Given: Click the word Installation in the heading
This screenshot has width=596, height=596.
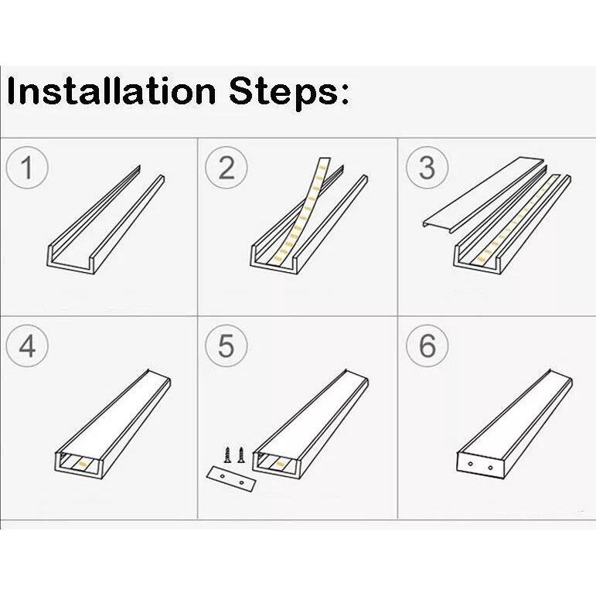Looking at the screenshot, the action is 111,91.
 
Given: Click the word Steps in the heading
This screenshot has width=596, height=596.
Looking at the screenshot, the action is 284,92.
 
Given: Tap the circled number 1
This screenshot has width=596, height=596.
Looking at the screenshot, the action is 27,167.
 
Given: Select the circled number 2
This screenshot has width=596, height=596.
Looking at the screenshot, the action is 226,167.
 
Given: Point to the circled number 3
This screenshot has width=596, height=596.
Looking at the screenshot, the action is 427,167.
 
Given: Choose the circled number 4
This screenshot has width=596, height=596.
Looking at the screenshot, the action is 27,346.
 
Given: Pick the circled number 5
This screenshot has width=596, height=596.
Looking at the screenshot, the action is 226,346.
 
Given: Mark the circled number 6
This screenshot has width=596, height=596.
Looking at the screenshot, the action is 427,346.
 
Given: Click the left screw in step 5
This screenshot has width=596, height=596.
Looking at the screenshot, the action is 227,455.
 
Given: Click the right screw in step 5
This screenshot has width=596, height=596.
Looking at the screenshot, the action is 240,455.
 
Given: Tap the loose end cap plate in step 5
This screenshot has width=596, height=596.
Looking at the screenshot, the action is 231,479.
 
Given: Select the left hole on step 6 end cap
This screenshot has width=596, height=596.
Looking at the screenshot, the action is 470,464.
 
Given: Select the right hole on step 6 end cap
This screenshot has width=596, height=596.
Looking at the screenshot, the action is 490,468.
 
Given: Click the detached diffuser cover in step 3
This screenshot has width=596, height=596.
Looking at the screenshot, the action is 485,194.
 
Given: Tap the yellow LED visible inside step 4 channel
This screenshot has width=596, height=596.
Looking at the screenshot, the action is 82,464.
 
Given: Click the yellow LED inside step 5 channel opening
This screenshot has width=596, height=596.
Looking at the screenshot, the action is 281,463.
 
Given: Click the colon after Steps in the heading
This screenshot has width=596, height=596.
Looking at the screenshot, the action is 344,92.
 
